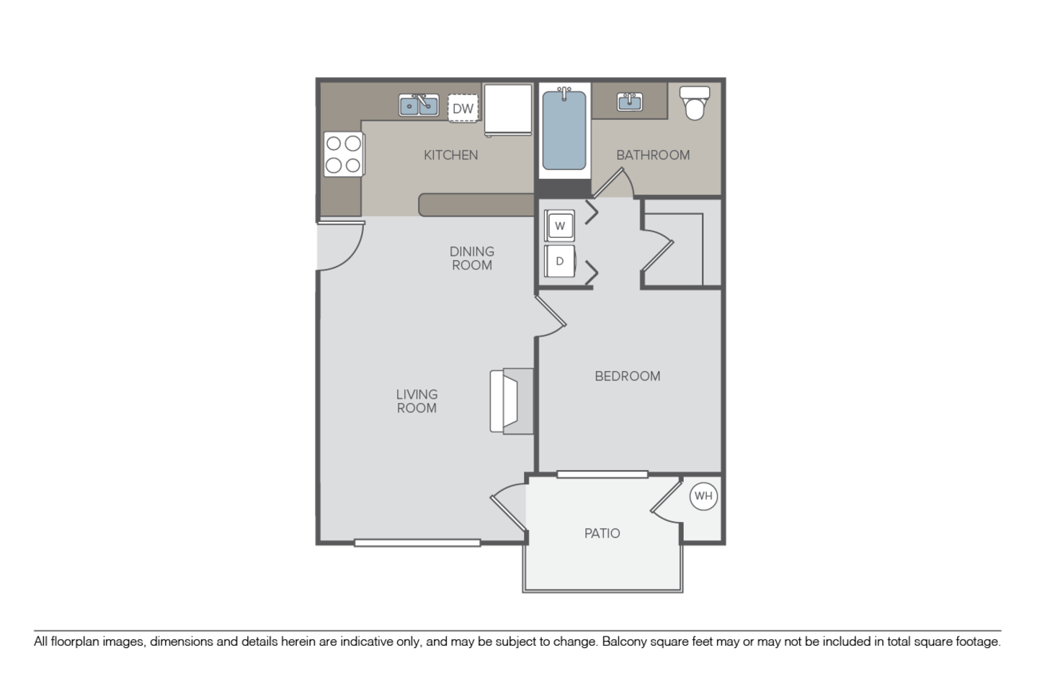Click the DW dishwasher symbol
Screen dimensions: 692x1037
[x=463, y=109]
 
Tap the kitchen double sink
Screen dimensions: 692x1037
[x=419, y=105]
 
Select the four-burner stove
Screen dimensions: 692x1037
[x=343, y=154]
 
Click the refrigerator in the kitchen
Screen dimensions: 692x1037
[x=507, y=110]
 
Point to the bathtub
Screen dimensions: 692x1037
[x=564, y=131]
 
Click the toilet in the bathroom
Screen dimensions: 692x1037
[x=695, y=102]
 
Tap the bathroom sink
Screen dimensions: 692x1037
[x=630, y=102]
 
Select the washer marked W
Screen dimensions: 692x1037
[x=560, y=226]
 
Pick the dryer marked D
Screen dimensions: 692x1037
[x=560, y=261]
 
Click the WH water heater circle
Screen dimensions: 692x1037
[x=703, y=496]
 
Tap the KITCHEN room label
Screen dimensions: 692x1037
[x=450, y=155]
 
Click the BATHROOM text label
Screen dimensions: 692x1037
[x=653, y=155]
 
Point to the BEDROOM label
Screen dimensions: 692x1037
[x=627, y=376]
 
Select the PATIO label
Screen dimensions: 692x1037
[x=602, y=533]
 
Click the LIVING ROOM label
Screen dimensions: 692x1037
[x=417, y=402]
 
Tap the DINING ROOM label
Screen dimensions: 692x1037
[x=472, y=258]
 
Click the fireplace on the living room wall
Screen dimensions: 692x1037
[x=512, y=401]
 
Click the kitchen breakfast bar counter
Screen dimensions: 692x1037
[x=476, y=205]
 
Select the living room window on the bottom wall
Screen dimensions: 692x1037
[x=417, y=543]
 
